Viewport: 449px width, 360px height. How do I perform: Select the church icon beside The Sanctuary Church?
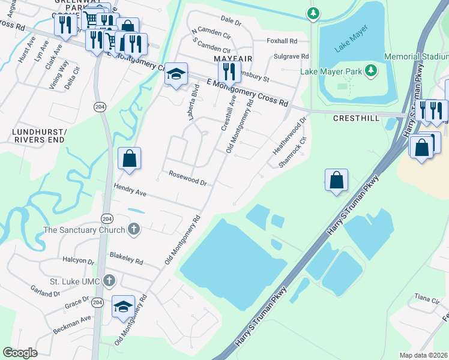(x=134, y=229)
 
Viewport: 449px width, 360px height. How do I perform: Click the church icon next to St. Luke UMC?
(x=109, y=280)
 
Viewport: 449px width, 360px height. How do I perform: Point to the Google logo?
(x=20, y=353)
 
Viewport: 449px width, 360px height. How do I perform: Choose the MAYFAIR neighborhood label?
(x=232, y=59)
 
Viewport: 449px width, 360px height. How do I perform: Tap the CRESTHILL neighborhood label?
(x=356, y=118)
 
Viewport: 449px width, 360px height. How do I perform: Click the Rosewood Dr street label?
(x=187, y=178)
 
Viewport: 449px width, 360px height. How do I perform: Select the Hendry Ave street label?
(x=130, y=190)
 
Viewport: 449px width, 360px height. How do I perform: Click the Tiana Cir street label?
(x=427, y=298)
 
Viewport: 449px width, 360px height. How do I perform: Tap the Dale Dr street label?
(x=231, y=22)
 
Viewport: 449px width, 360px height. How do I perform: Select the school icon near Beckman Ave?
(x=124, y=308)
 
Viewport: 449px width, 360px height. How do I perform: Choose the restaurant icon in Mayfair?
(x=229, y=71)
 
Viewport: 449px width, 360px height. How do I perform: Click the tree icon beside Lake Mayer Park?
(x=372, y=71)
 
